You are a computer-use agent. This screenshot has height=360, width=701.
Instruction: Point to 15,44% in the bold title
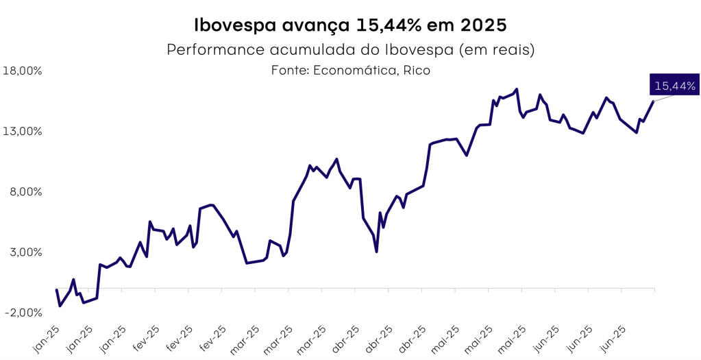(386, 26)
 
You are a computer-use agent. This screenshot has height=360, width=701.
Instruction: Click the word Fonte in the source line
(289, 71)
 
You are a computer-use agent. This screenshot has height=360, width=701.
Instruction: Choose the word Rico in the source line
(417, 71)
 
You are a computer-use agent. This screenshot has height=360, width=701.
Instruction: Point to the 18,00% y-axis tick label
(23, 71)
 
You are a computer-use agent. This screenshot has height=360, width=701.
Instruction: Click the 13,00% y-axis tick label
(23, 131)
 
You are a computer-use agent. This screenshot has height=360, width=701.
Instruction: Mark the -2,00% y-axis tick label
(23, 312)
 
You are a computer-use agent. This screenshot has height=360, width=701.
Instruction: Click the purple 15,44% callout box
(675, 86)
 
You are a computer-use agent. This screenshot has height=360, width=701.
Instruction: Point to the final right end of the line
(654, 101)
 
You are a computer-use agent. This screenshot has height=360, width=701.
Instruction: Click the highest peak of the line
(516, 89)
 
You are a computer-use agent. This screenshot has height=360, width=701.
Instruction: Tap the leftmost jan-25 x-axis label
(46, 339)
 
